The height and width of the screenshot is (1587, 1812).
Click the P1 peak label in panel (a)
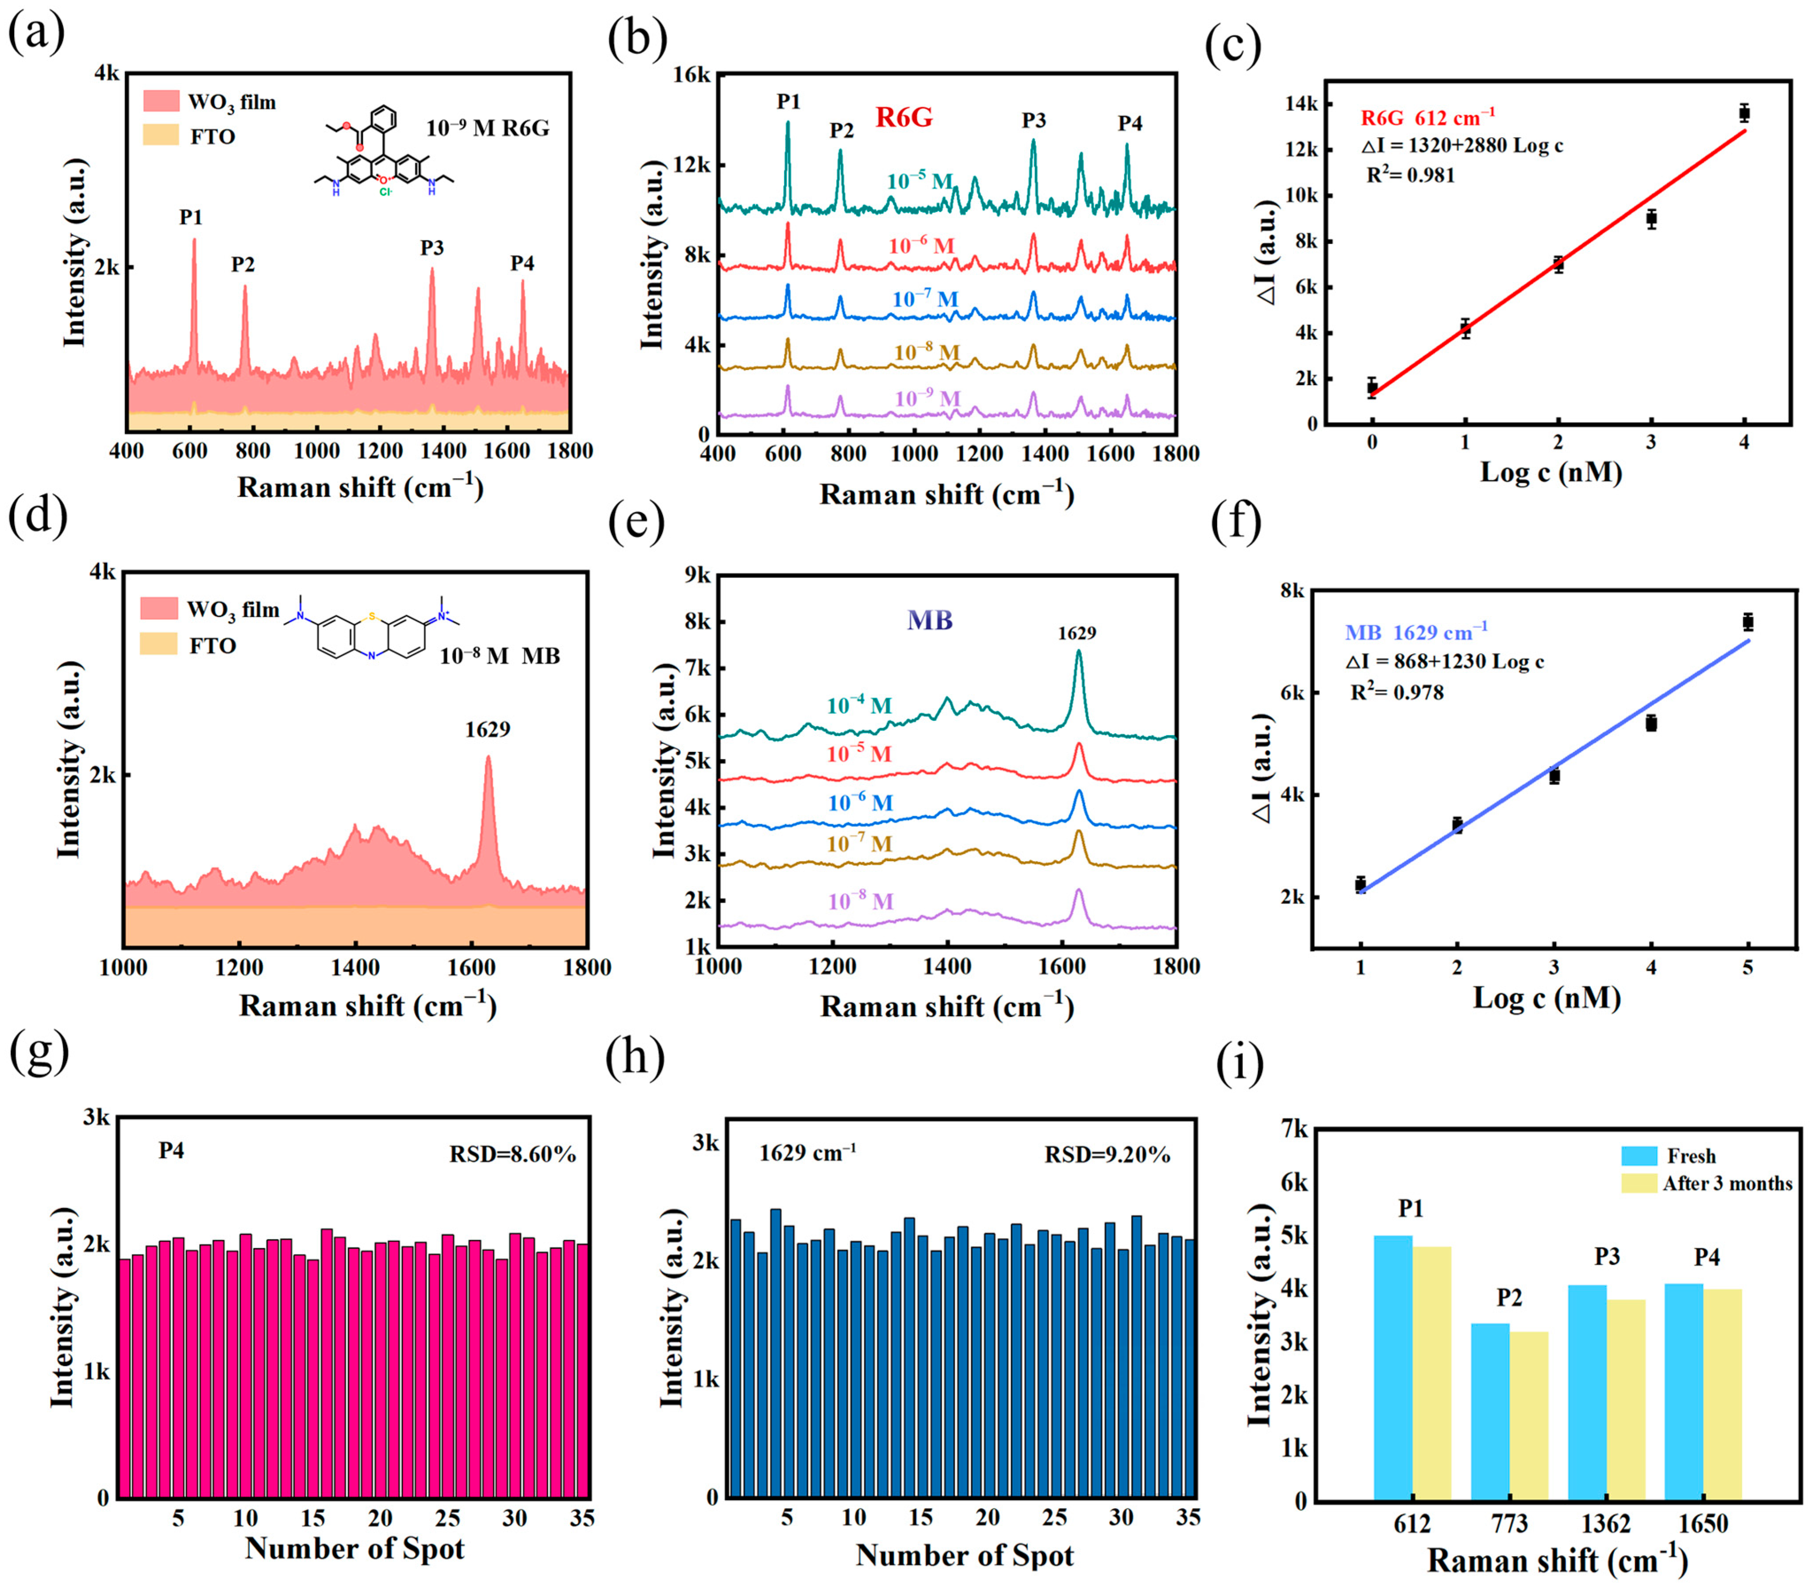(190, 217)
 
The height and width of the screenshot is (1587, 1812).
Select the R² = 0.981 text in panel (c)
(1410, 174)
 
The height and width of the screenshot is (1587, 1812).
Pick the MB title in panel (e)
(929, 620)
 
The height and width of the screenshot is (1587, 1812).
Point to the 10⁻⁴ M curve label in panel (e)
(858, 706)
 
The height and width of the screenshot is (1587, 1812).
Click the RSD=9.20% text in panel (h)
(1107, 1155)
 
